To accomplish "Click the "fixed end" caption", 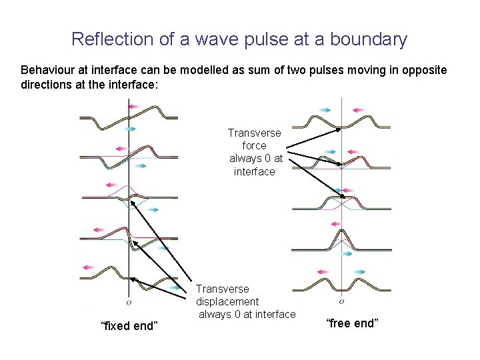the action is click(129, 326).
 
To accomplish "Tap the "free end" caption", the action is click(352, 323).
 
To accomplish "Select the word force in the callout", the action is click(255, 145).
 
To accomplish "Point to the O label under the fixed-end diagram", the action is click(129, 301).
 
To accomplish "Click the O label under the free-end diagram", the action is click(342, 301).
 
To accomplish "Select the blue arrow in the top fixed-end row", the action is click(129, 129).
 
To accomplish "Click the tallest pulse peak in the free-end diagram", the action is click(342, 230).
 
